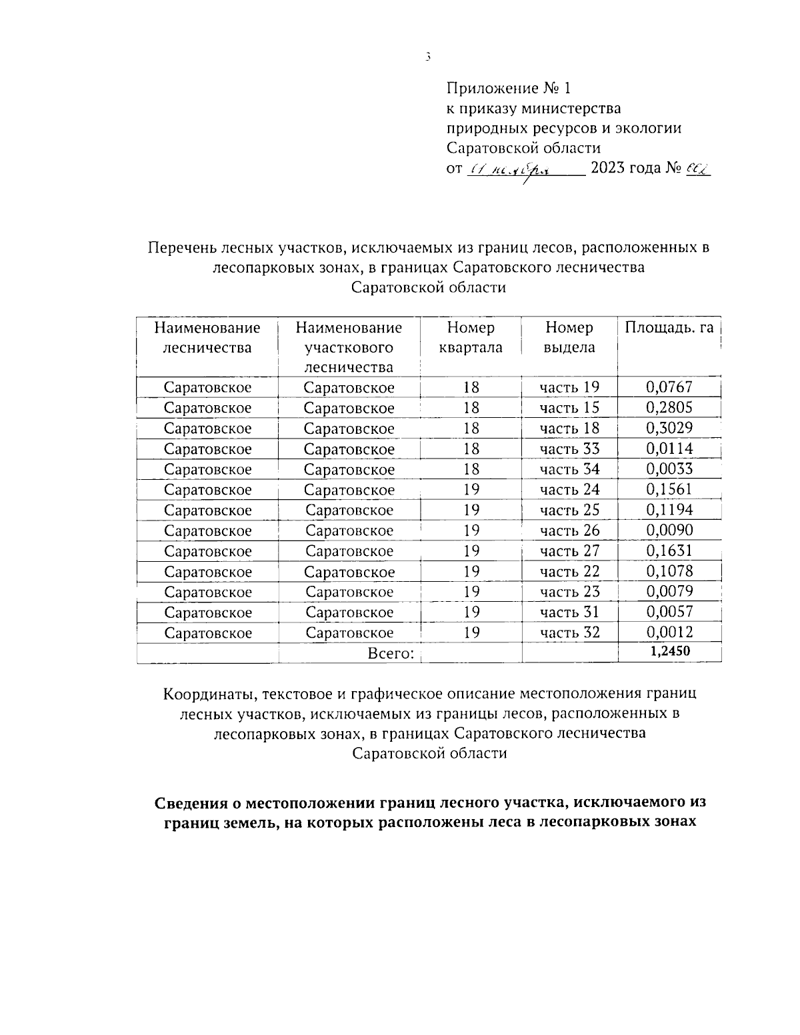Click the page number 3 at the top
pyautogui.click(x=427, y=57)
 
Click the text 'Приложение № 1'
pyautogui.click(x=509, y=88)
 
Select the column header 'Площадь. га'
pyautogui.click(x=669, y=327)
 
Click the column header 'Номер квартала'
pyautogui.click(x=471, y=337)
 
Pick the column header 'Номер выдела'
pyautogui.click(x=569, y=337)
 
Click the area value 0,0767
pyautogui.click(x=669, y=387)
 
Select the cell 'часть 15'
pyautogui.click(x=569, y=407)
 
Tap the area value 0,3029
pyautogui.click(x=669, y=428)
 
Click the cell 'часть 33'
pyautogui.click(x=569, y=449)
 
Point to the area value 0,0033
pyautogui.click(x=669, y=469)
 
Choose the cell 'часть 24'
pyautogui.click(x=569, y=489)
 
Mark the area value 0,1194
pyautogui.click(x=669, y=510)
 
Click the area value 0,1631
pyautogui.click(x=669, y=550)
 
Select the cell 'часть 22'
pyautogui.click(x=569, y=571)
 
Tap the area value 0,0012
pyautogui.click(x=669, y=632)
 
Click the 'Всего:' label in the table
pyautogui.click(x=391, y=653)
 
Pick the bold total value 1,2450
pyautogui.click(x=669, y=652)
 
